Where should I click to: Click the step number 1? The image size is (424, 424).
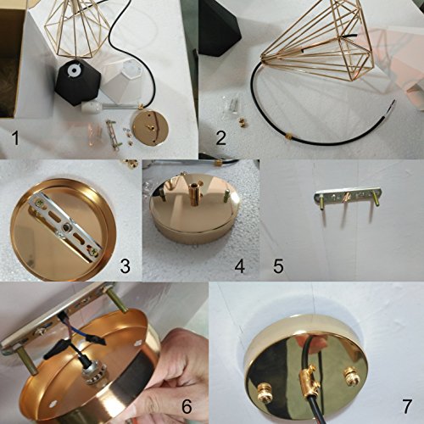coord(15,138)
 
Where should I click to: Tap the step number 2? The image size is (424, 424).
coord(221,138)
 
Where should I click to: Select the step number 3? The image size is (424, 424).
coord(126,266)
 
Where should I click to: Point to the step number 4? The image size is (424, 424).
coord(239,266)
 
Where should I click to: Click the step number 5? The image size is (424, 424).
coord(278,266)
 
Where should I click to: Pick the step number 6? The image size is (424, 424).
coord(187,406)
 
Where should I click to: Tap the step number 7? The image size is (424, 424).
coord(406,406)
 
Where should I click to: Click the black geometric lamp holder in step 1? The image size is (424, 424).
coord(77,82)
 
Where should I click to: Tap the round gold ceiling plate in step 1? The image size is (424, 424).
coord(150,128)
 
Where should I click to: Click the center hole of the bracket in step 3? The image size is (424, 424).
coord(68,226)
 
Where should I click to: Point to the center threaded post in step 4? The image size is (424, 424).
coord(193,195)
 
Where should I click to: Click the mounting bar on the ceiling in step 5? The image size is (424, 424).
coord(348,197)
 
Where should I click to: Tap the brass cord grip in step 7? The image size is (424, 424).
coord(309,379)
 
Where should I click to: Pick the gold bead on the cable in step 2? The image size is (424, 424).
coord(288,137)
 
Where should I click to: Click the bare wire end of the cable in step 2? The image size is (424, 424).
coord(393,103)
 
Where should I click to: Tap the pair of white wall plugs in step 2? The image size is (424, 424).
coord(235,104)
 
